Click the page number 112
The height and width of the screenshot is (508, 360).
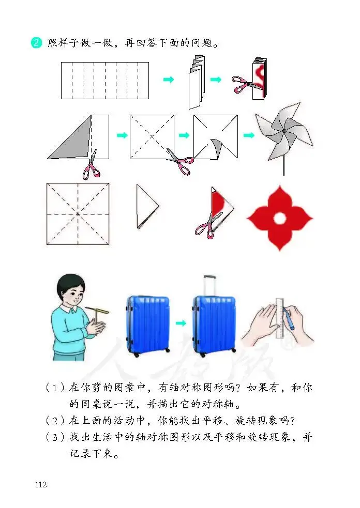[x=41, y=485]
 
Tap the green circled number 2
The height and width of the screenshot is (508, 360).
[x=36, y=43]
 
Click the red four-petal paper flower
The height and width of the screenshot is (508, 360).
[x=280, y=219]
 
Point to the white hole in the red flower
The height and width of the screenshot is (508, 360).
[x=280, y=219]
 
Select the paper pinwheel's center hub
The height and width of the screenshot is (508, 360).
[x=284, y=131]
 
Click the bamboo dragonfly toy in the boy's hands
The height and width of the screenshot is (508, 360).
[x=97, y=314]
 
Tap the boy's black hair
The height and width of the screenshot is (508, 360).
[x=70, y=285]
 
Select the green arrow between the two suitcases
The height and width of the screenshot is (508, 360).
[x=181, y=323]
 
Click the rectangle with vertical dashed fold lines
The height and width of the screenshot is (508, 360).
[x=105, y=80]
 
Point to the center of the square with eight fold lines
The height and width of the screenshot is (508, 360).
[x=78, y=214]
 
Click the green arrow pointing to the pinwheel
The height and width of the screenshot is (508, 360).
[x=249, y=135]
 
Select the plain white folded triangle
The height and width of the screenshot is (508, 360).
[x=147, y=206]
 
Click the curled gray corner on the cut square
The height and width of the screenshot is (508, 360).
[x=216, y=148]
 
